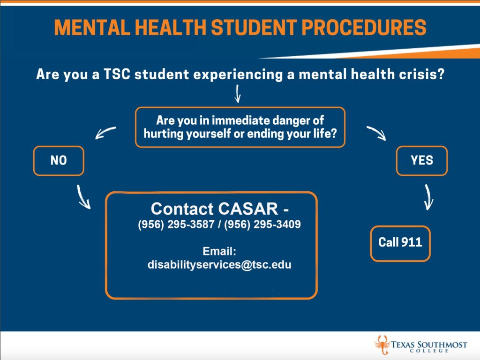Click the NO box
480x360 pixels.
click(59, 161)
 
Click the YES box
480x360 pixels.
click(421, 161)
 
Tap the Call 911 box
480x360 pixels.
click(400, 243)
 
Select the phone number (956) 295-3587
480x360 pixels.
click(176, 225)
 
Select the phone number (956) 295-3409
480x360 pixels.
click(262, 225)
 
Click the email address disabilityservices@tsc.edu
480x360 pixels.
click(219, 264)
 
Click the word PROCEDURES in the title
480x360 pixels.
click(364, 27)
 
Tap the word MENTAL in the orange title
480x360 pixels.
click(92, 27)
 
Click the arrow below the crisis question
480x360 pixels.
click(238, 94)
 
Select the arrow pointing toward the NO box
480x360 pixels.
click(105, 133)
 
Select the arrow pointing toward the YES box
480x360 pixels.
click(376, 133)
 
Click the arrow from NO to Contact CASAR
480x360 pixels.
click(82, 197)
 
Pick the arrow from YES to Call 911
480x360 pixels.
click(428, 197)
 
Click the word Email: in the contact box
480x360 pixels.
click(219, 251)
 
